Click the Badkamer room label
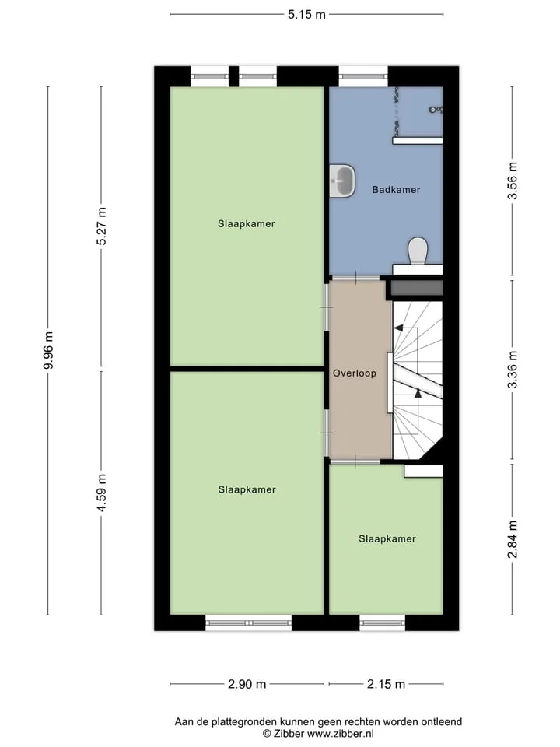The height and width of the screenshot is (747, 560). [x=396, y=190]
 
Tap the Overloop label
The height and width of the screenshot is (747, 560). [x=355, y=373]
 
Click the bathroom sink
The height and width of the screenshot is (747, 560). [x=342, y=181]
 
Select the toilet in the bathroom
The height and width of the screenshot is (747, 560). [x=418, y=251]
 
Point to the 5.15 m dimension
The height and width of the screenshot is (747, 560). [x=306, y=14]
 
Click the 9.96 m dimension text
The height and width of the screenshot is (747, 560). [x=48, y=350]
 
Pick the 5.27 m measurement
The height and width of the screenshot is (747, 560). [x=101, y=226]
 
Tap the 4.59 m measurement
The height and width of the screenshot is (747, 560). [x=101, y=493]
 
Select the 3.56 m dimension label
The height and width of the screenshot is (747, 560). [x=513, y=181]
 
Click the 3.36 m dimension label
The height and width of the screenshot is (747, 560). [x=513, y=370]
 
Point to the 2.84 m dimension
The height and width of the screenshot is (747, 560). [x=513, y=538]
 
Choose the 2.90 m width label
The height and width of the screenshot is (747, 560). [x=247, y=684]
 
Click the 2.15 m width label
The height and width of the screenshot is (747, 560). [x=386, y=684]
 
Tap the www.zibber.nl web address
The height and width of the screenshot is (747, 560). [x=341, y=734]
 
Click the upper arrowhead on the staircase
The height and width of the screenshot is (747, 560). [x=398, y=328]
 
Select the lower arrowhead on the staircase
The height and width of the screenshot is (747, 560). [x=418, y=393]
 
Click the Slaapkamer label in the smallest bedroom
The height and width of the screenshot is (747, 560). [x=387, y=538]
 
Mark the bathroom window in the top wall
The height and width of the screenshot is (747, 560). [x=363, y=76]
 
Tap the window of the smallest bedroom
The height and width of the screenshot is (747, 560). [x=383, y=622]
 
